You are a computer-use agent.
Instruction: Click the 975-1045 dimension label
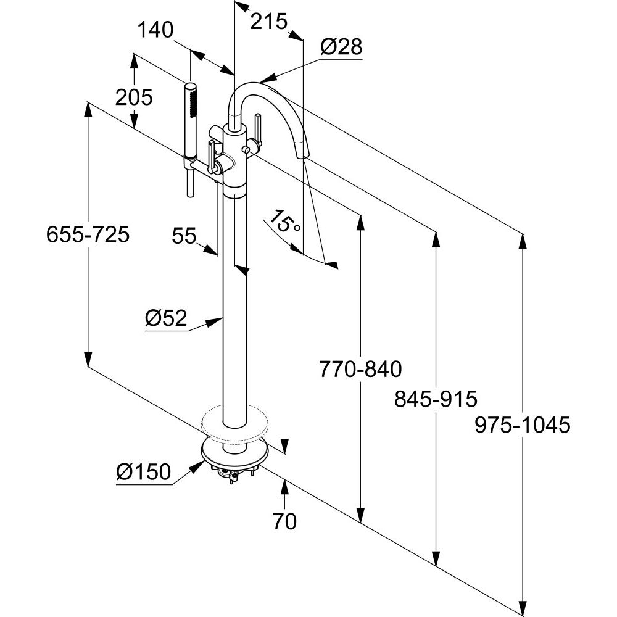[x=522, y=425]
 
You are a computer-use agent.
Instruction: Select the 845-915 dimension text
[x=436, y=399]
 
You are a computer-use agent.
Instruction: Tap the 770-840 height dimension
[x=360, y=369]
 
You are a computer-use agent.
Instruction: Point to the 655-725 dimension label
[x=88, y=234]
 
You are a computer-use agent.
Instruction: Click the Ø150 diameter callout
[x=143, y=473]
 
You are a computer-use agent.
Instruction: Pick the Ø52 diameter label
[x=165, y=318]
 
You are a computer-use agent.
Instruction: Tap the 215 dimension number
[x=269, y=22]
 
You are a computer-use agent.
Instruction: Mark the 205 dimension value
[x=133, y=97]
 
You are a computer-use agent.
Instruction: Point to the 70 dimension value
[x=284, y=522]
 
